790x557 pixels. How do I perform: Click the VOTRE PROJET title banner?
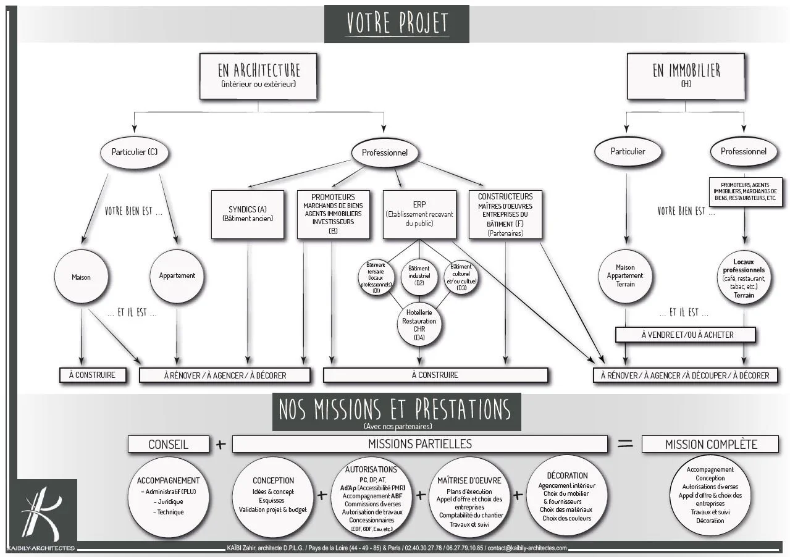397,24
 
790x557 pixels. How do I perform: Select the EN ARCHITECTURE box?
258,76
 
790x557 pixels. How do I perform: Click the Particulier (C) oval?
134,152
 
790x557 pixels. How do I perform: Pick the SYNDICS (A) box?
248,214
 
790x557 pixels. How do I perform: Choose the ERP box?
419,214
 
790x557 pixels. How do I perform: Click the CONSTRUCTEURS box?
505,214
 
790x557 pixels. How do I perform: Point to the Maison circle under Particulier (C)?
81,277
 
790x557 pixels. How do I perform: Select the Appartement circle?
177,276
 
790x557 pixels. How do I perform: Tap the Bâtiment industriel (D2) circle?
419,275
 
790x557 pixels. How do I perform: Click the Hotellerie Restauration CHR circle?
419,325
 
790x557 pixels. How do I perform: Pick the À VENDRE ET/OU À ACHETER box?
686,335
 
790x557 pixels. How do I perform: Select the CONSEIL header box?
168,444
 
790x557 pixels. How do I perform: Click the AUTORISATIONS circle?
371,498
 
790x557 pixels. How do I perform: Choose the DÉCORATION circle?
567,496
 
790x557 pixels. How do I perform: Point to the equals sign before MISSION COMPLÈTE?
625,443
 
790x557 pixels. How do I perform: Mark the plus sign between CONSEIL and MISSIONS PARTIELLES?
221,444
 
